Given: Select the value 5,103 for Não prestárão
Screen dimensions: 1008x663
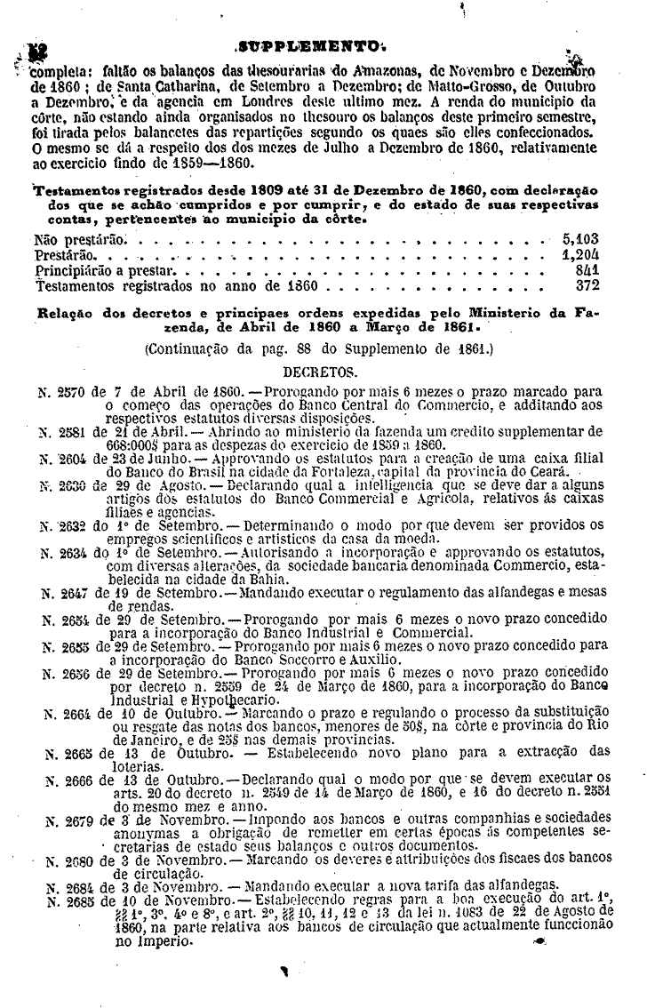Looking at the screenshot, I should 581,238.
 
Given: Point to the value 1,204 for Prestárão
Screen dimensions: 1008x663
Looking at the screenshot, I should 581,253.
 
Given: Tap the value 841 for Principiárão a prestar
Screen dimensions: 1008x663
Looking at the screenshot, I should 587,268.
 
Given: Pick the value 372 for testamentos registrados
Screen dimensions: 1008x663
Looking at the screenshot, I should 587,284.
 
